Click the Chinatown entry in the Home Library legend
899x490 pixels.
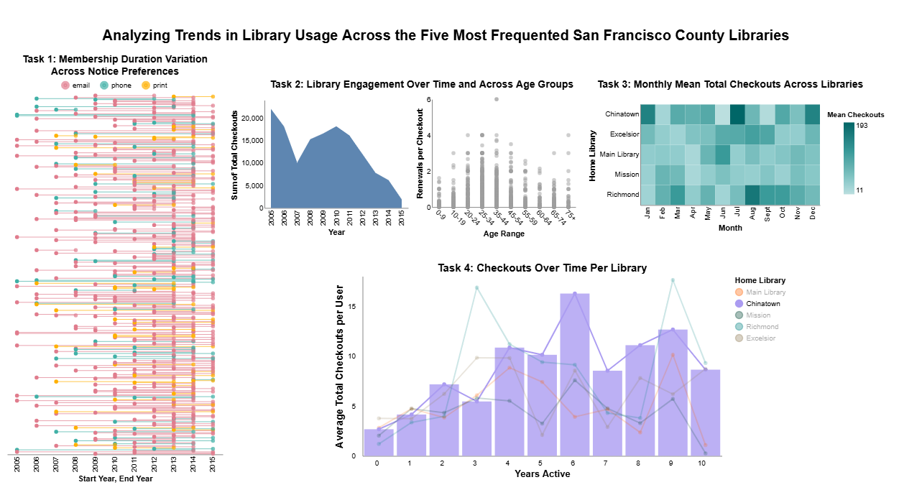click(762, 304)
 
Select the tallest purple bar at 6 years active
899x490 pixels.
click(575, 374)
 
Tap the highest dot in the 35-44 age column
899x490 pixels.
click(497, 99)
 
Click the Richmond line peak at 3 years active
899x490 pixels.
click(476, 287)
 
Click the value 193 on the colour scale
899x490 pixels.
click(862, 126)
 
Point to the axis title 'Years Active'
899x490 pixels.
click(543, 474)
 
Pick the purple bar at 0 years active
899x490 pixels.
click(378, 442)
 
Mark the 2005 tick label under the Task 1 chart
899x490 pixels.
click(17, 466)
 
